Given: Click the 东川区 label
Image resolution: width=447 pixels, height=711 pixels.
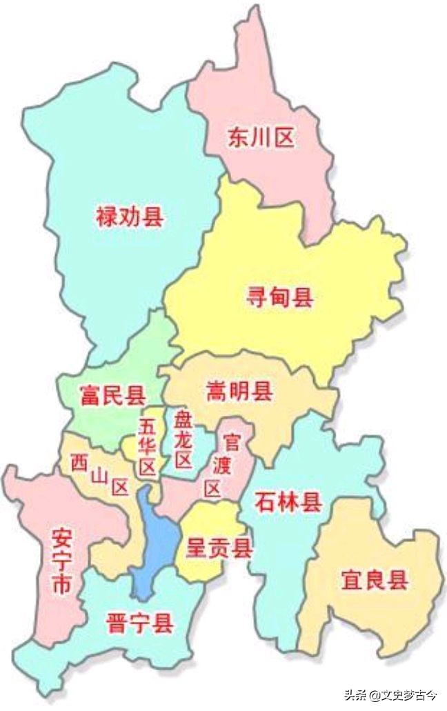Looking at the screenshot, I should click(x=260, y=138).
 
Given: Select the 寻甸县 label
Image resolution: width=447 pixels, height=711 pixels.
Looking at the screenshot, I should click(x=280, y=298).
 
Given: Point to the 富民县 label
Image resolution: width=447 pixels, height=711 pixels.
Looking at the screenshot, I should click(x=112, y=396).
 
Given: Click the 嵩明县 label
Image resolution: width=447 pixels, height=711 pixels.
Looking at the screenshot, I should click(x=239, y=392).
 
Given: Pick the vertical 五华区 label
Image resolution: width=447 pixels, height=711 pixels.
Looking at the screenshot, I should click(x=147, y=447).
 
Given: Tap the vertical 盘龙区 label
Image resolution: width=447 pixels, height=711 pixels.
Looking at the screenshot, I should click(x=182, y=439).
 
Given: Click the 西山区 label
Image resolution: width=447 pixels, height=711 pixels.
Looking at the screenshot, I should click(x=101, y=474).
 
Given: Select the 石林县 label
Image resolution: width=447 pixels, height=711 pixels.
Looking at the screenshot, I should click(x=288, y=501).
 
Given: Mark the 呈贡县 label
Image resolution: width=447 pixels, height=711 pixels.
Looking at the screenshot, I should click(x=219, y=548).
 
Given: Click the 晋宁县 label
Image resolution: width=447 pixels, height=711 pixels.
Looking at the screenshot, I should click(x=139, y=625).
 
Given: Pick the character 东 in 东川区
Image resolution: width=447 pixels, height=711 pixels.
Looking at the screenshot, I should click(x=238, y=138).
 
